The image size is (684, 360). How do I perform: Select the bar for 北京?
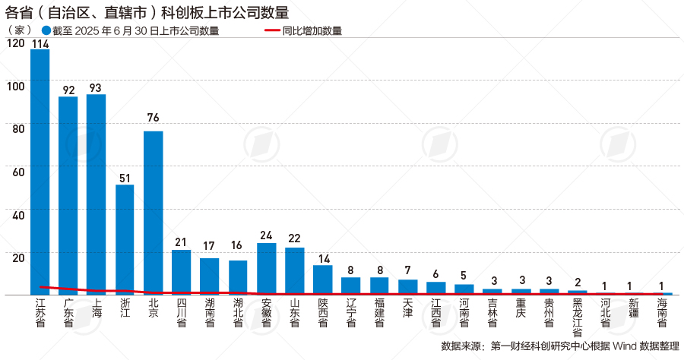(x=153, y=212)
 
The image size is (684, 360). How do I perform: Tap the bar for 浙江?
(x=125, y=238)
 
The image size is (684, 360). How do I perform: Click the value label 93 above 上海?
(x=96, y=87)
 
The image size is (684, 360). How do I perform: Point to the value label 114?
(x=40, y=43)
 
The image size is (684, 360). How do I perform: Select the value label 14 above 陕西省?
(x=323, y=258)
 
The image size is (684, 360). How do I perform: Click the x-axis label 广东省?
(x=68, y=313)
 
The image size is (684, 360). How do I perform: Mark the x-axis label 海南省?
(x=662, y=313)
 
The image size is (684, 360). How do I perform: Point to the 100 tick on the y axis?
(x=14, y=86)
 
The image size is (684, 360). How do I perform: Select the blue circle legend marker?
(x=47, y=31)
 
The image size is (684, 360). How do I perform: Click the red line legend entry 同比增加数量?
(x=302, y=31)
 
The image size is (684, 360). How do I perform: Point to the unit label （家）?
(x=18, y=30)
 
